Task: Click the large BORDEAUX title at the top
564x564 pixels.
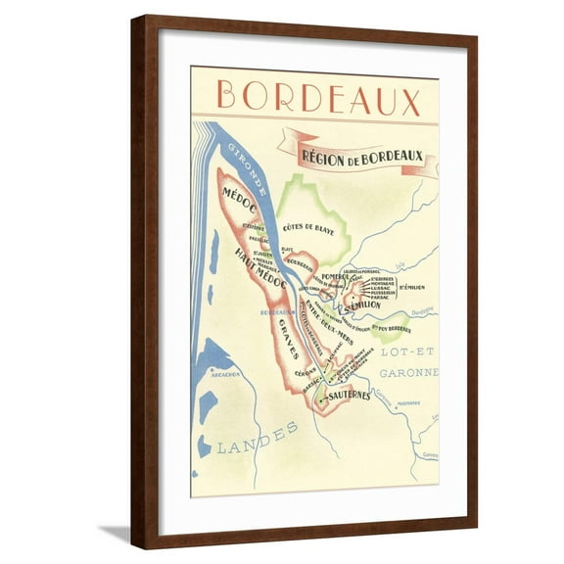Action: (x=319, y=100)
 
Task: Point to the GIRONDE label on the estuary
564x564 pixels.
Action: (x=244, y=164)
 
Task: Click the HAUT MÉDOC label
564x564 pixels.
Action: (x=259, y=267)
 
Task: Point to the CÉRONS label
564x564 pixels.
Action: (x=305, y=371)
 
